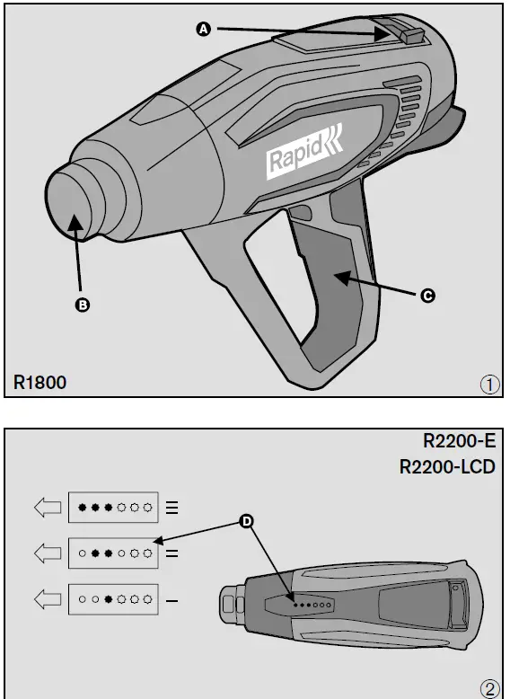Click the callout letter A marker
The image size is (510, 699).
(x=203, y=30)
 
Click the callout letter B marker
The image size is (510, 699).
(x=83, y=305)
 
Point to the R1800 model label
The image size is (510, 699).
(x=40, y=383)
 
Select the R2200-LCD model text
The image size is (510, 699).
(x=445, y=466)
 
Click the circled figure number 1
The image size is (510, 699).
(x=489, y=385)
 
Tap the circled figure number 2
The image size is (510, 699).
(x=489, y=688)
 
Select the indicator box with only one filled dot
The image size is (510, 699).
(x=114, y=597)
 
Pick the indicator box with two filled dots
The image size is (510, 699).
(x=114, y=553)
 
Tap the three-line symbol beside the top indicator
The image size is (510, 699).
(x=171, y=508)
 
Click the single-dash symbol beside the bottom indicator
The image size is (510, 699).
(x=171, y=597)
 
